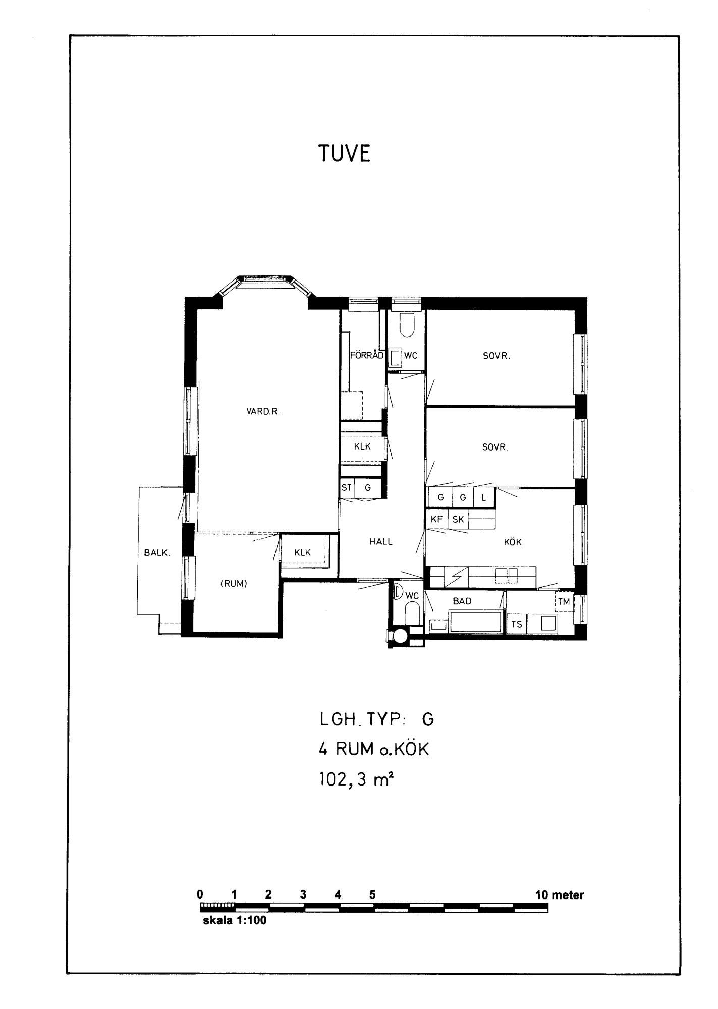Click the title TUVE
(x=345, y=153)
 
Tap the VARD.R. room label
(x=263, y=411)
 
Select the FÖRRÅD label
(x=367, y=355)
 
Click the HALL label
(x=381, y=542)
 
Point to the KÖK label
(x=513, y=542)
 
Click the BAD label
(x=462, y=601)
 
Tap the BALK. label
(x=157, y=552)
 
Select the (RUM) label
(x=234, y=584)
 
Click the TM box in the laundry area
(x=564, y=602)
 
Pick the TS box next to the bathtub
(x=517, y=624)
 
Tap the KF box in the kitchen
(x=437, y=519)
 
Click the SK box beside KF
(x=458, y=519)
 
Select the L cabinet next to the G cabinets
(x=484, y=498)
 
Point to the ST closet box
(x=347, y=488)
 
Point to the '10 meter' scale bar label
(x=560, y=895)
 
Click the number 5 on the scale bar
(x=372, y=895)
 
